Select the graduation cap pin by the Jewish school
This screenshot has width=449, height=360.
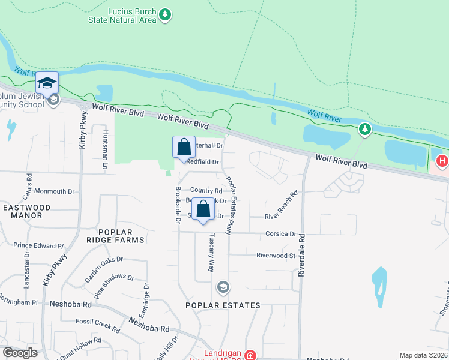click(47, 83)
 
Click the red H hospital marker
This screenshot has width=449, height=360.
click(442, 161)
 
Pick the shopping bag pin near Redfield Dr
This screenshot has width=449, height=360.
click(184, 148)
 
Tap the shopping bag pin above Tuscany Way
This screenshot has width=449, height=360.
click(203, 210)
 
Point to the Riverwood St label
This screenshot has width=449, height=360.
click(276, 255)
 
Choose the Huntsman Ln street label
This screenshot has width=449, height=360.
click(105, 149)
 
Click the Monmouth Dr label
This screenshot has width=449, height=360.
click(54, 191)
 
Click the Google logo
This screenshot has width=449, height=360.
click(20, 353)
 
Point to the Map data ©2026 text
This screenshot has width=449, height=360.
click(423, 355)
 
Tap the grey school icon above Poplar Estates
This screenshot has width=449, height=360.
click(223, 287)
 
